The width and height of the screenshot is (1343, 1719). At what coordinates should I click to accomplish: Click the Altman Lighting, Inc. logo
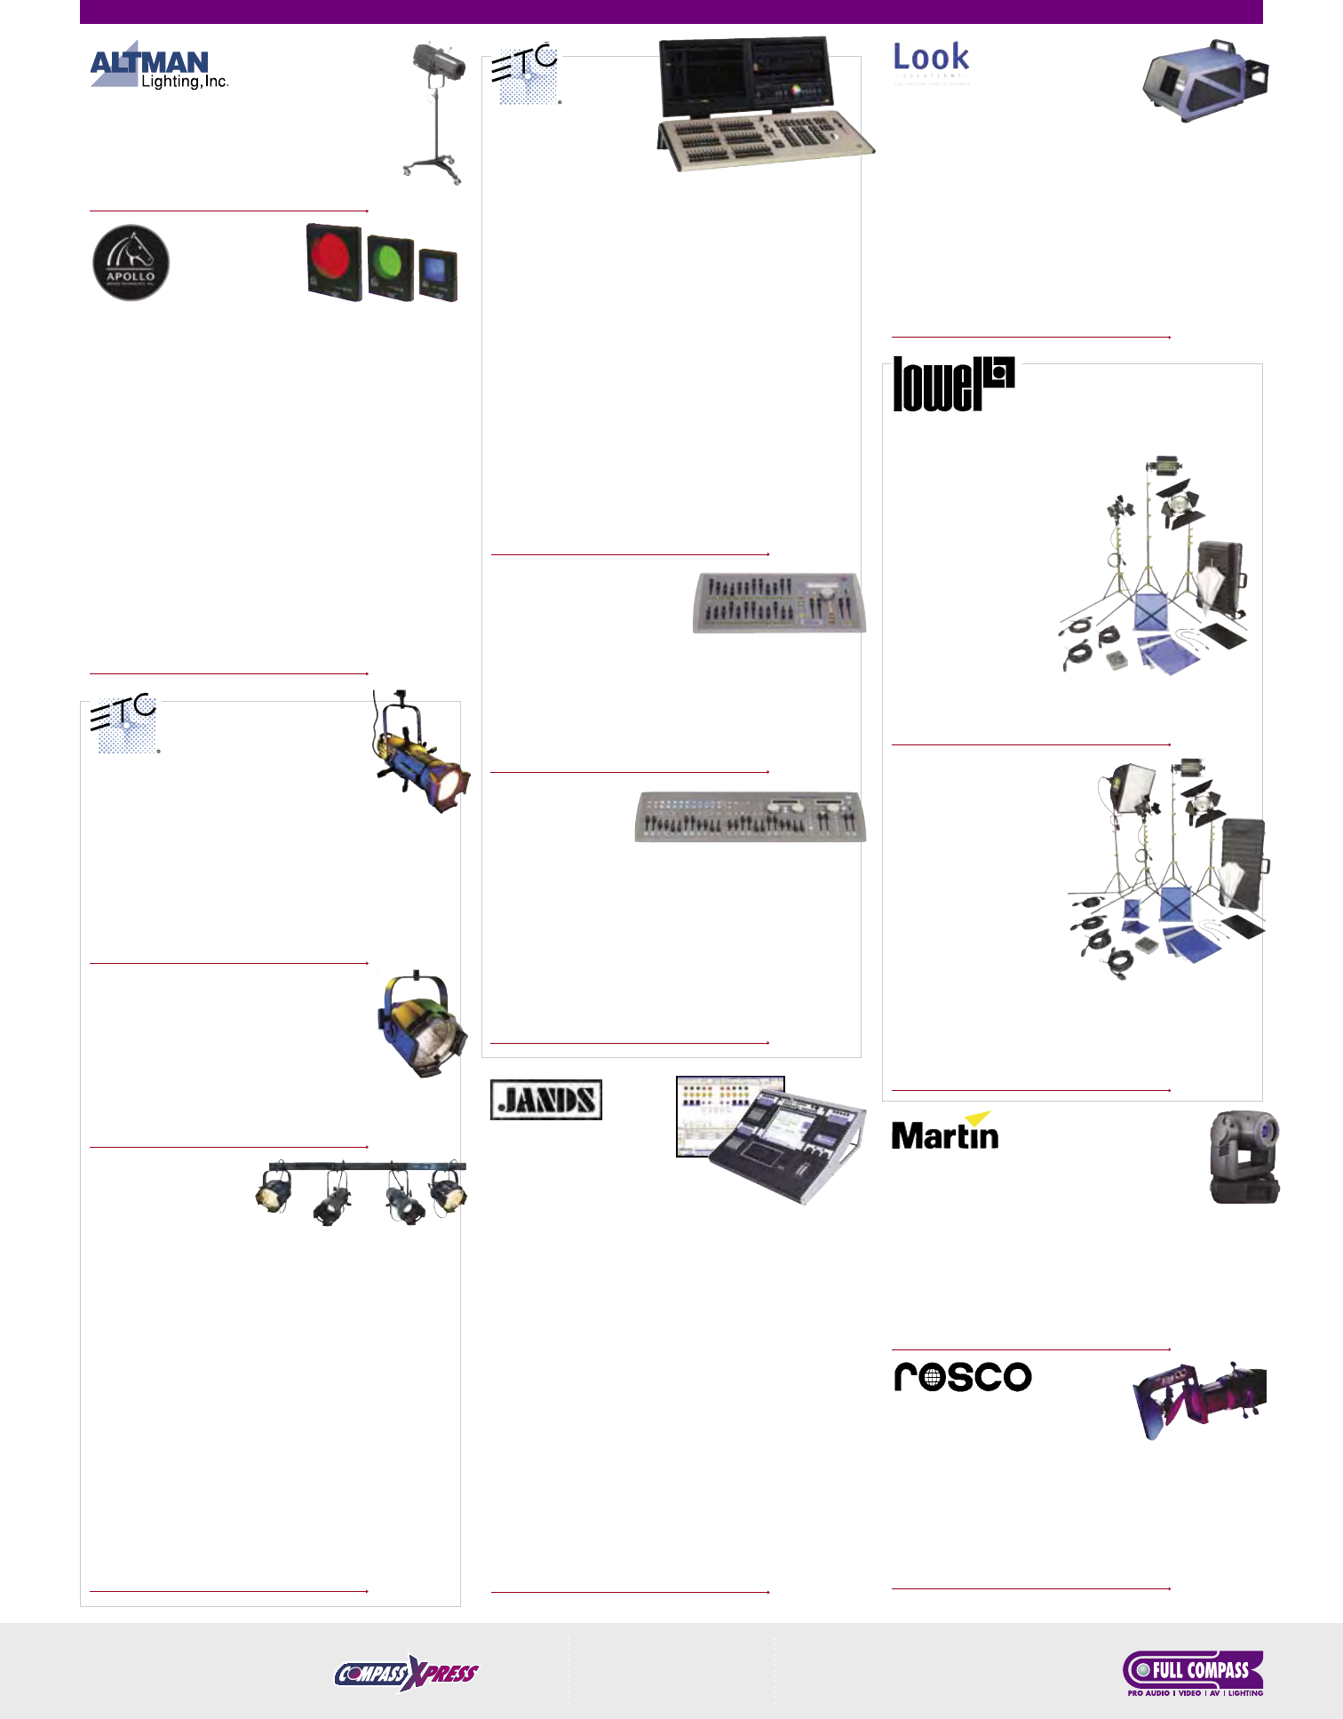[159, 68]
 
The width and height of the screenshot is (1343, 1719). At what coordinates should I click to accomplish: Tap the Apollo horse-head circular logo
[131, 263]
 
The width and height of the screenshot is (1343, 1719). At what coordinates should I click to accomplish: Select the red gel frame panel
[333, 263]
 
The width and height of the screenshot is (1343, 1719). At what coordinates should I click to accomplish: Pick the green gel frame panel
[390, 268]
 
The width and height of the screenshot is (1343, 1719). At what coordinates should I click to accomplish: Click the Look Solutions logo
[931, 60]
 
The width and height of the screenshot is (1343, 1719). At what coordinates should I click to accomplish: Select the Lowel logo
[953, 384]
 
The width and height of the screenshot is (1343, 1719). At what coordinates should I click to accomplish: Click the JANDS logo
[546, 1100]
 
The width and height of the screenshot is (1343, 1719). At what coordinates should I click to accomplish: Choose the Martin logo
[945, 1132]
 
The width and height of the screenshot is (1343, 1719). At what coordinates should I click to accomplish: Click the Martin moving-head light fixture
[1244, 1157]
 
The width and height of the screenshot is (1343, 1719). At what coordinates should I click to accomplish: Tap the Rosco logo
[963, 1377]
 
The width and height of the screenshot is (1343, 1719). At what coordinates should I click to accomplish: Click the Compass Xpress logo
[406, 1674]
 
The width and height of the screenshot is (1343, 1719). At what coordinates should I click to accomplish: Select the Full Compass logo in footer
[1193, 1673]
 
